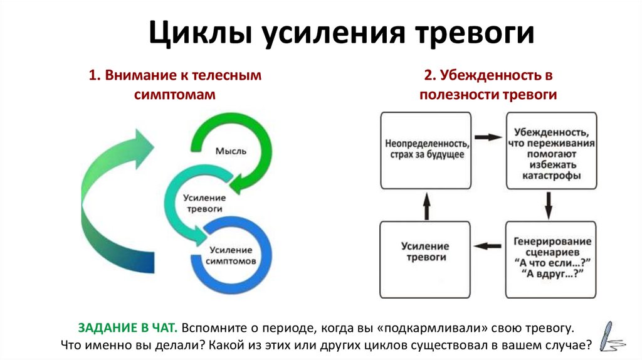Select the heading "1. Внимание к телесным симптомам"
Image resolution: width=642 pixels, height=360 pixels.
[x=174, y=85]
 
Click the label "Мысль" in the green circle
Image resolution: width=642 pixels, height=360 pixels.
[x=230, y=151]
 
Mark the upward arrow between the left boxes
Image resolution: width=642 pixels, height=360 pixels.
[x=426, y=204]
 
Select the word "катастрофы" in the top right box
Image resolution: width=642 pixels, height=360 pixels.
[x=551, y=176]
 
